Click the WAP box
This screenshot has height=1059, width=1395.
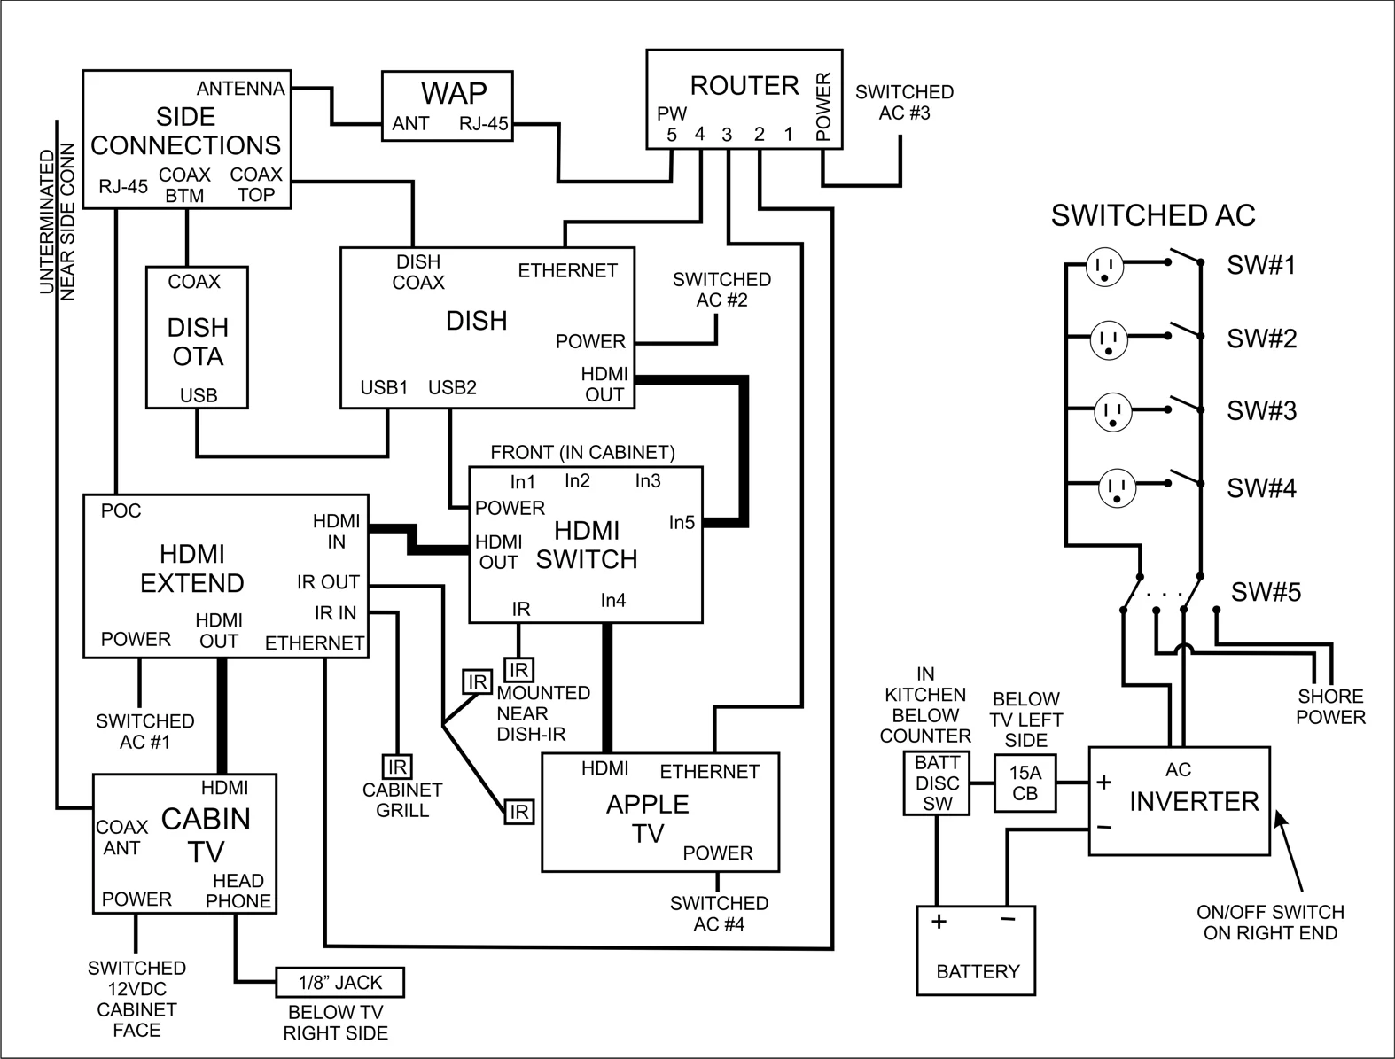point(447,105)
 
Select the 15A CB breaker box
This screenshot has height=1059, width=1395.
point(1025,783)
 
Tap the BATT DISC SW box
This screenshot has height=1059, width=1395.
point(937,783)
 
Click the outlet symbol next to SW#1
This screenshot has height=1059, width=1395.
point(1104,265)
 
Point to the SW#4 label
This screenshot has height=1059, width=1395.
point(1261,487)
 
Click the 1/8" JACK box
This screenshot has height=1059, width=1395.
point(340,982)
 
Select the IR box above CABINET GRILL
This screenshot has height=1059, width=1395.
point(396,767)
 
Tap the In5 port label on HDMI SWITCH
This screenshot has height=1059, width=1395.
point(682,523)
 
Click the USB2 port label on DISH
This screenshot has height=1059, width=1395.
point(452,387)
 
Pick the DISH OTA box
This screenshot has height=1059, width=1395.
point(197,338)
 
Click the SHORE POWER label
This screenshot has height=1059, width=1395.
point(1330,706)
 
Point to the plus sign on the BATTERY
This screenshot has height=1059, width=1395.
point(939,921)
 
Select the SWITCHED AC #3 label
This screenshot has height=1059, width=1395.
point(904,102)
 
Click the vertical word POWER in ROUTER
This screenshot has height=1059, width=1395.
point(823,106)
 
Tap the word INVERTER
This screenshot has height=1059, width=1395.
point(1193,801)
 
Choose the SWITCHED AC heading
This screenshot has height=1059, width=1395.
point(1152,215)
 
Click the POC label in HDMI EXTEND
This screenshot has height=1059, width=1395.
point(121,510)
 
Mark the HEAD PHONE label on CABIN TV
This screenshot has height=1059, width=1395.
point(238,891)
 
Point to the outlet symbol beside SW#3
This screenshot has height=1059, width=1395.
point(1114,412)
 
